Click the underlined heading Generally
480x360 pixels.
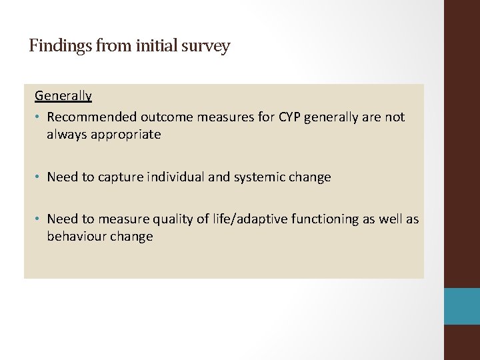click(x=63, y=95)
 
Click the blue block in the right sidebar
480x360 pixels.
click(x=462, y=306)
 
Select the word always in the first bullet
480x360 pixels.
click(x=65, y=135)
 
